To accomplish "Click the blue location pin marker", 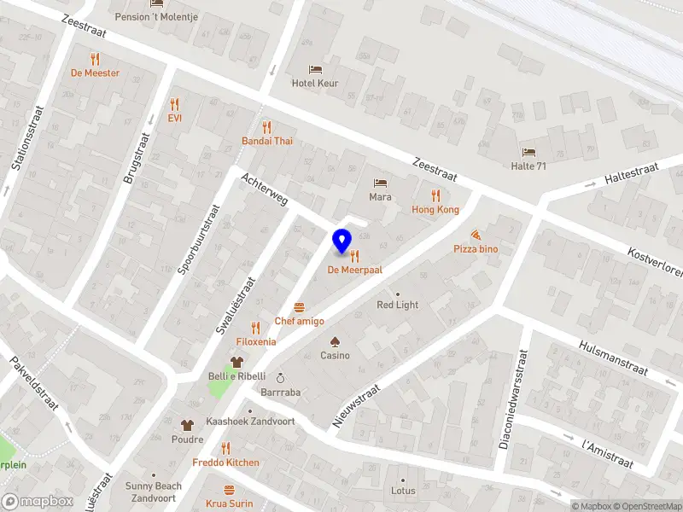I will (x=342, y=241).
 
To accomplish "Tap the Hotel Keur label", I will (x=315, y=83).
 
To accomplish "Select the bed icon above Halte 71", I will (x=528, y=152).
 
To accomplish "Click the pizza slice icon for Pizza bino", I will (x=476, y=234).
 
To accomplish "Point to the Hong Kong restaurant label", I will (x=435, y=209).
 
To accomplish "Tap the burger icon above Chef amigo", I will (x=299, y=306).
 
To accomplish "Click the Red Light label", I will (x=398, y=305).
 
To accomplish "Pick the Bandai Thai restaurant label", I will (x=266, y=141).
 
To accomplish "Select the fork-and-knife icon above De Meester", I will (x=95, y=59).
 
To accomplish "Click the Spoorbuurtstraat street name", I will (x=198, y=240).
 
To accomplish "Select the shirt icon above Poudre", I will (x=187, y=424).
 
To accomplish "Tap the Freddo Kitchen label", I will (x=225, y=463).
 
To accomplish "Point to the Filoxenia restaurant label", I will (x=255, y=341).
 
